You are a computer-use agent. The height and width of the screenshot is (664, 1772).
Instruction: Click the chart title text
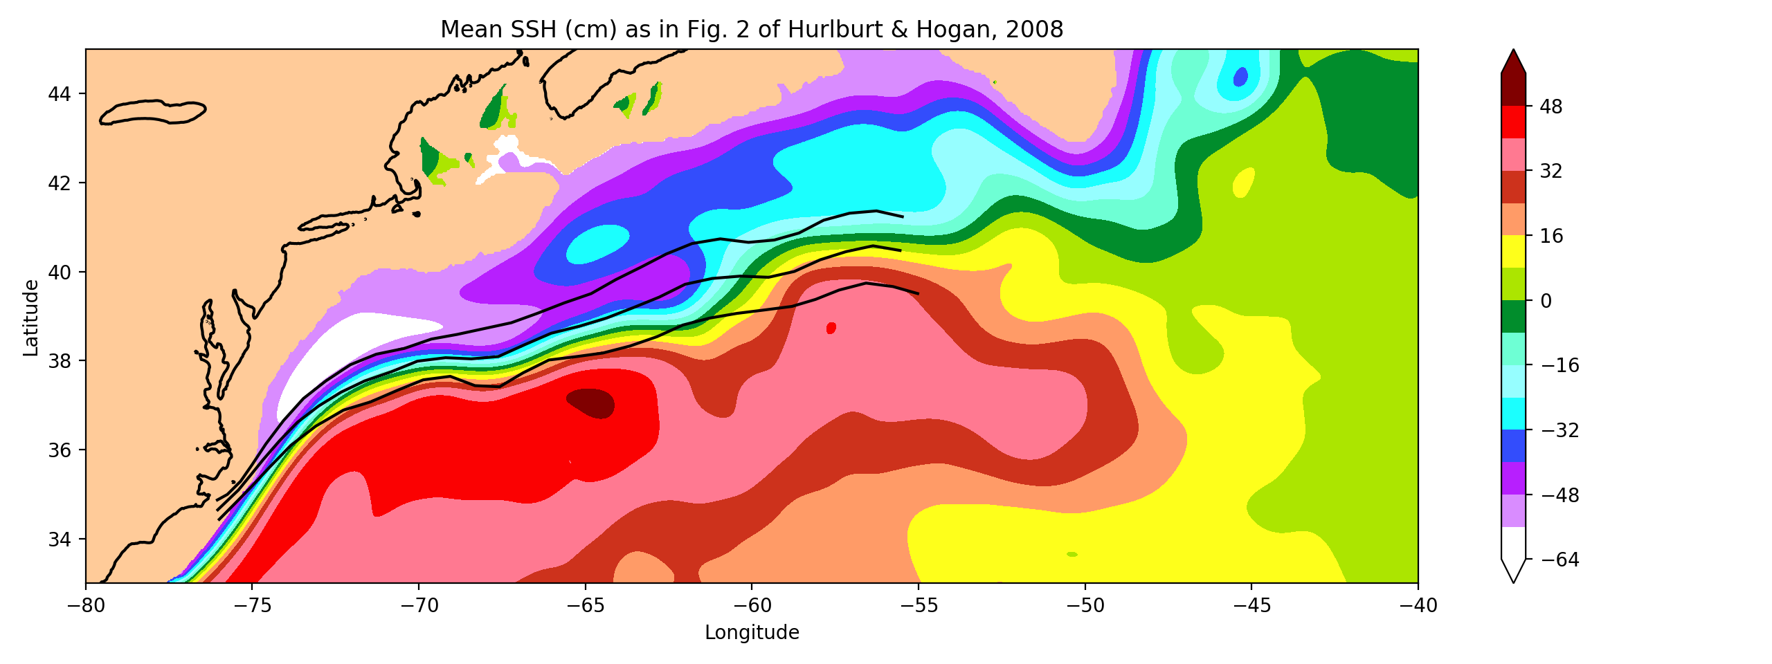pos(752,30)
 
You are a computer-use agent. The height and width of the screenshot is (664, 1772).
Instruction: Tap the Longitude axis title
pos(752,632)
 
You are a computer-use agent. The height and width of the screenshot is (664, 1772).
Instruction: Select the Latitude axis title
pos(30,317)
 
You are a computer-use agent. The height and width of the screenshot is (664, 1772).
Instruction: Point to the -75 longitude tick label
pos(252,606)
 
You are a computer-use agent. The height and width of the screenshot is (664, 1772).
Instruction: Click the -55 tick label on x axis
pos(918,606)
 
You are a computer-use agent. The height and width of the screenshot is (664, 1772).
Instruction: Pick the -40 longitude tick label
pos(1418,606)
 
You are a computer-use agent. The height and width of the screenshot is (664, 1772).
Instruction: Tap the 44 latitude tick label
pos(59,93)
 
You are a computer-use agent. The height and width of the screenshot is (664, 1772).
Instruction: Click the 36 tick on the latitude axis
pos(59,450)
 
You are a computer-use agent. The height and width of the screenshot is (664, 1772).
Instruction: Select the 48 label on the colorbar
pos(1550,107)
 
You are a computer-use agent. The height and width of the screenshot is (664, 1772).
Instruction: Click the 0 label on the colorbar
pos(1545,301)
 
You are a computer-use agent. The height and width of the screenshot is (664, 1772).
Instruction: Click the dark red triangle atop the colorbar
pos(1513,62)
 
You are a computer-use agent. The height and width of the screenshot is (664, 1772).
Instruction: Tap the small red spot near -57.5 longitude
pos(831,328)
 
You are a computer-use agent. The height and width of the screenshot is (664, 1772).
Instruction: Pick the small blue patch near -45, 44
pos(1240,77)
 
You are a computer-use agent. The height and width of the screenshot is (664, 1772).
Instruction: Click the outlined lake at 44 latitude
pos(152,111)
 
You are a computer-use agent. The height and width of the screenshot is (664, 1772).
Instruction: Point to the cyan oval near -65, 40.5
pos(597,244)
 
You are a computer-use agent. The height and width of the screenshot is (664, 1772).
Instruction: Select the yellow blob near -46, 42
pos(1244,183)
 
